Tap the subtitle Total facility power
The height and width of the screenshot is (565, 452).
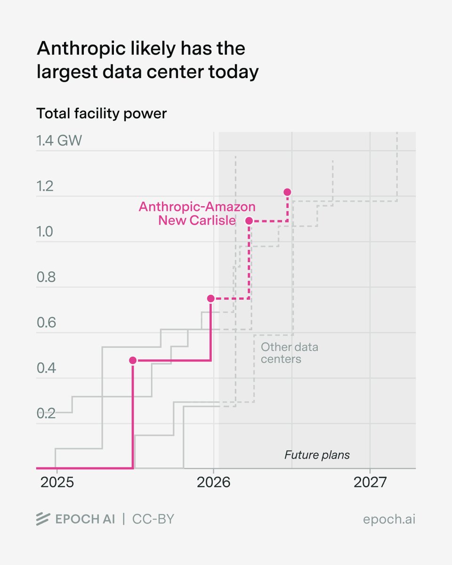(101, 113)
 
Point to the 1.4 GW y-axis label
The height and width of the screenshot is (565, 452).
(59, 140)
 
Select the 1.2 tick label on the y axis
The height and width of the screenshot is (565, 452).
(46, 186)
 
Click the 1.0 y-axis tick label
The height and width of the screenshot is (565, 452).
(46, 232)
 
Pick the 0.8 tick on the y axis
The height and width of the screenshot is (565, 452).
(46, 277)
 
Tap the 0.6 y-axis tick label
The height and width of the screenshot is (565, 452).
(46, 323)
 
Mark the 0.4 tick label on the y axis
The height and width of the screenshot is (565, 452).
(46, 368)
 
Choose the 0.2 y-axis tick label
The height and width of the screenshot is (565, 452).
(46, 413)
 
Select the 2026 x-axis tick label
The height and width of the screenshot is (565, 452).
(213, 483)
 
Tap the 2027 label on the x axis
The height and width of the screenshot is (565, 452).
(370, 483)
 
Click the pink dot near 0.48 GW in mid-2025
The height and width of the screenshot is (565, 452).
(133, 360)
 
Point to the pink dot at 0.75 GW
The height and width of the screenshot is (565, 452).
(211, 299)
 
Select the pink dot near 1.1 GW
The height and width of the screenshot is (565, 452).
(249, 220)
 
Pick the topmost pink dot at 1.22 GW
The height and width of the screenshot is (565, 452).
(287, 192)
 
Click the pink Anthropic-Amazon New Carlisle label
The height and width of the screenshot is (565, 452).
(197, 213)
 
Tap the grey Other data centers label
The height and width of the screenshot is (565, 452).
(289, 353)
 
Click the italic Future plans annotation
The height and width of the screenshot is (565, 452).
(317, 455)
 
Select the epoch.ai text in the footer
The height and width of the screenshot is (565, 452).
(389, 519)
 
